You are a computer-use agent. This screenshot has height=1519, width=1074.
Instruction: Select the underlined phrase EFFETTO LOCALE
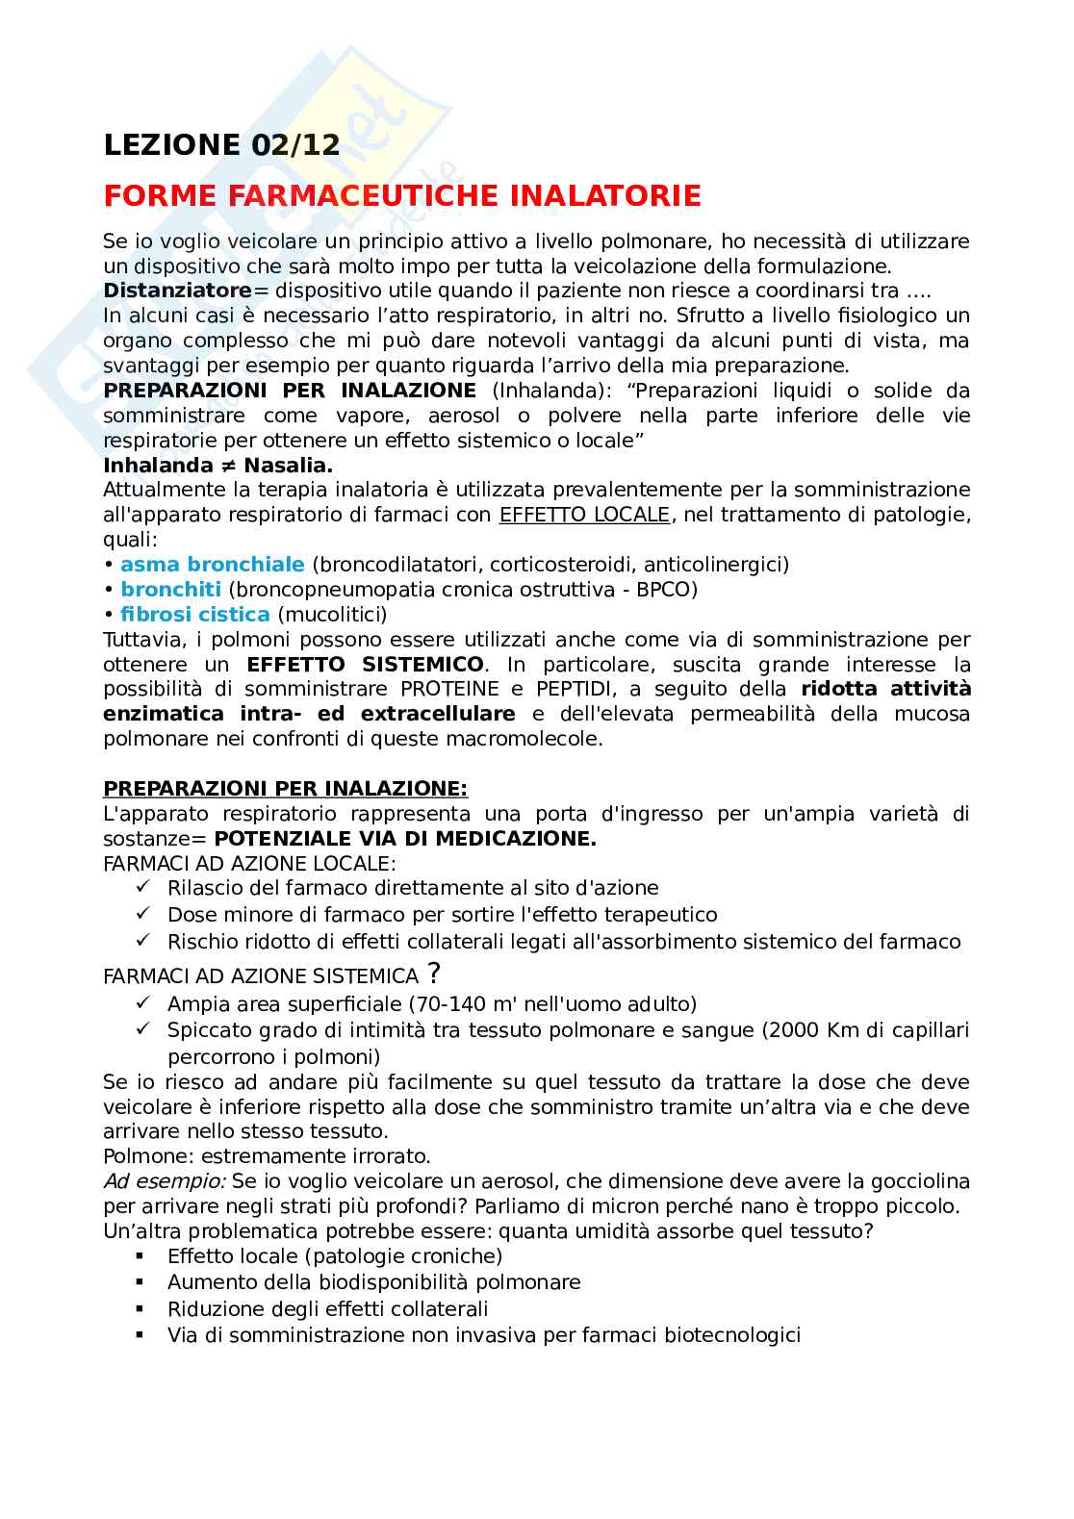point(583,515)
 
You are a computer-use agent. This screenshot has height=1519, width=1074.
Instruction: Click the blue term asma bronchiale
point(212,565)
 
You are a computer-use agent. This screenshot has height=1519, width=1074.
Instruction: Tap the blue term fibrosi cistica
point(195,614)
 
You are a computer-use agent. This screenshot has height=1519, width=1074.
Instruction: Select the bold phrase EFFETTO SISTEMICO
point(366,665)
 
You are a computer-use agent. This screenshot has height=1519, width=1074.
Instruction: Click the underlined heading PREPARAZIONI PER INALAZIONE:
point(286,789)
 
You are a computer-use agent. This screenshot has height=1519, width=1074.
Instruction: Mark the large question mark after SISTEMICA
point(435,974)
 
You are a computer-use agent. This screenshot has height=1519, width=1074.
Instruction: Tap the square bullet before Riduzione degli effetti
point(141,1309)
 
